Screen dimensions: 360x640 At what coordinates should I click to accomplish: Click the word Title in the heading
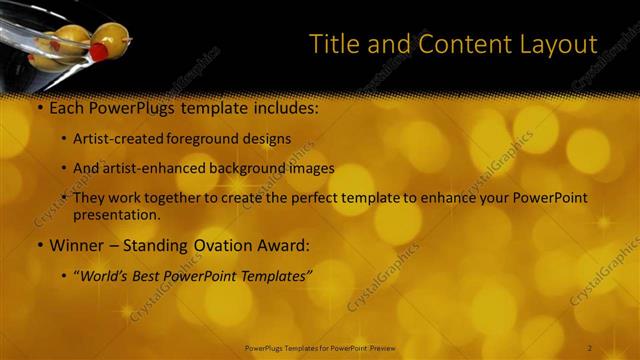click(x=333, y=44)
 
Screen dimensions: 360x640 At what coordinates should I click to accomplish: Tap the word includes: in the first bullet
click(x=282, y=105)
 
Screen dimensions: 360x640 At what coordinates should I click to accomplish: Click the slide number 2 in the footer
click(x=589, y=347)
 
